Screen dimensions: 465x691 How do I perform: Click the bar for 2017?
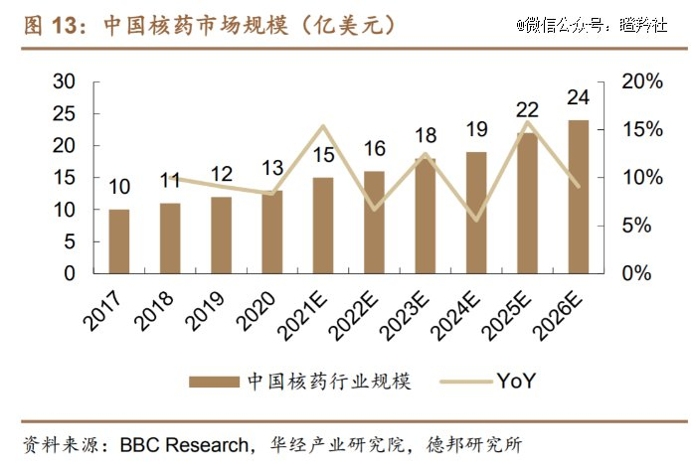(118, 240)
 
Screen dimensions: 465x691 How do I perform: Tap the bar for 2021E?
(322, 225)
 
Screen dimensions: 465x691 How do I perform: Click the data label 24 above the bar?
(578, 98)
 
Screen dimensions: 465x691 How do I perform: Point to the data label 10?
(118, 187)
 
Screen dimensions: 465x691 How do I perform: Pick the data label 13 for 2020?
(271, 168)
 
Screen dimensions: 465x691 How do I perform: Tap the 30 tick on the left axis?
(64, 82)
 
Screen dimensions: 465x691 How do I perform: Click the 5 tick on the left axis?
(70, 241)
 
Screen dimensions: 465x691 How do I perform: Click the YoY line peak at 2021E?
(322, 126)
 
